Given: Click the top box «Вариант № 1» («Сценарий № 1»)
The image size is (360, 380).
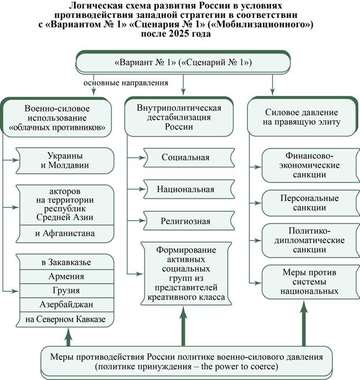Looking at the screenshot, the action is click(x=183, y=62).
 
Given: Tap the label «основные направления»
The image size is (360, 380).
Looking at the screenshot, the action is click(x=125, y=83).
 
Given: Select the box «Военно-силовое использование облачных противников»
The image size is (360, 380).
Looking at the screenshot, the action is click(x=57, y=118).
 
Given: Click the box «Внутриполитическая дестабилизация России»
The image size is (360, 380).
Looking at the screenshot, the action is click(x=179, y=117).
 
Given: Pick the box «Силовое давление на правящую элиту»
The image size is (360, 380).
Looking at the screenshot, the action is click(x=302, y=117).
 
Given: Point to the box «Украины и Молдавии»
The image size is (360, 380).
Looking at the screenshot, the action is click(x=65, y=161).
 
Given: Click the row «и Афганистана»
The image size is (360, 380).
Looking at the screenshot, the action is click(x=65, y=234).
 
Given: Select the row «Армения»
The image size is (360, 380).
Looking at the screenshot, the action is click(x=66, y=277).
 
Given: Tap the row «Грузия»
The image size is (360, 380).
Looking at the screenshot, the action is click(x=66, y=290).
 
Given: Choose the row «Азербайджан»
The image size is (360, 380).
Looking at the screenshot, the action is click(x=66, y=304).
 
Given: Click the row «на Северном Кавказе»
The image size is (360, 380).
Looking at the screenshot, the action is click(x=65, y=319).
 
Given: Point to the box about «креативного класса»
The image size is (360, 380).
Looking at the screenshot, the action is click(x=186, y=273).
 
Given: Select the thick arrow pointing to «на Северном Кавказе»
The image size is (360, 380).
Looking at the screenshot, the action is click(x=69, y=337).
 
